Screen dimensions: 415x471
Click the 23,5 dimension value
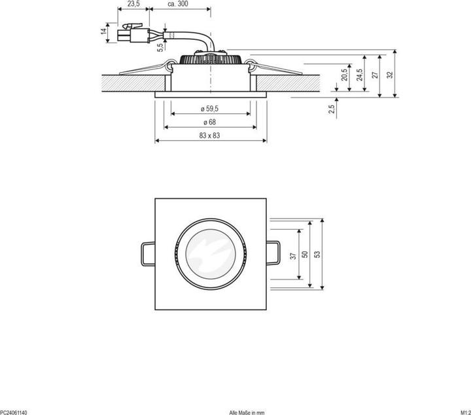133,4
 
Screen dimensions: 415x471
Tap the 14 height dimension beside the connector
104,31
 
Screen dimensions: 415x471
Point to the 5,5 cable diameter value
160,46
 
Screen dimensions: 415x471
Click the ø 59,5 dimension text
210,109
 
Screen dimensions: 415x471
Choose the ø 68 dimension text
210,122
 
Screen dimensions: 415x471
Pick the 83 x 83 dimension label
210,135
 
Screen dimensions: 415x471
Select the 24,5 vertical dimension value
359,75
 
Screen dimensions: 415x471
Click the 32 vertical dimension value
391,74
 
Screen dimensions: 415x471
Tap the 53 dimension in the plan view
317,253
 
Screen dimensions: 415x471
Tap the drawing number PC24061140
14,412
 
